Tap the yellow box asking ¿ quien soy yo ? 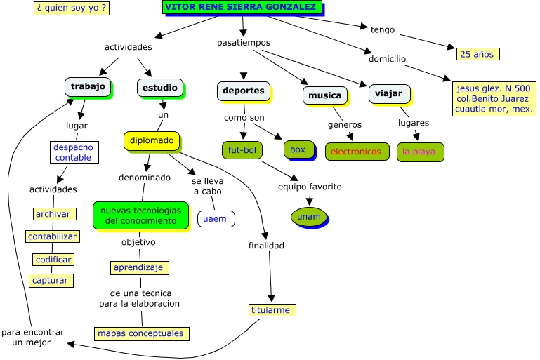point(71,8)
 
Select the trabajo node point(88,86)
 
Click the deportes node point(243,91)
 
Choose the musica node point(325,95)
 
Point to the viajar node point(388,93)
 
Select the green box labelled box point(298,149)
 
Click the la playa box point(420,151)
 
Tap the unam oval point(308,216)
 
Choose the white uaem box point(215,218)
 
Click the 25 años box point(477,53)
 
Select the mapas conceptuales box point(140,333)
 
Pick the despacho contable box point(74,152)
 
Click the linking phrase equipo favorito point(309,187)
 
